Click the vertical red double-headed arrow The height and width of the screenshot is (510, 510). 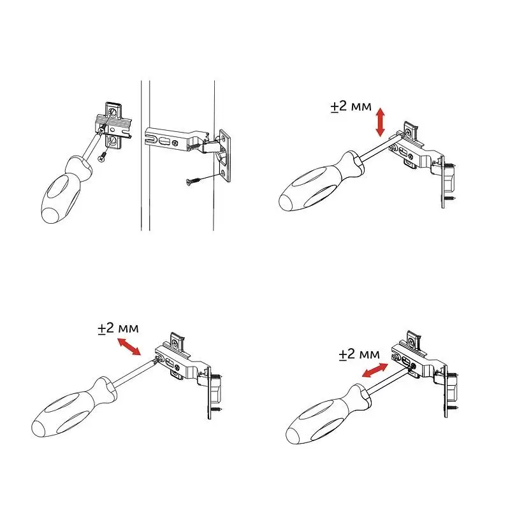click(x=380, y=122)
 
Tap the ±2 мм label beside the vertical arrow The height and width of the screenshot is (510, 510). click(x=351, y=106)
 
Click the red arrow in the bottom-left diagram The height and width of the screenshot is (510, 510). click(x=129, y=347)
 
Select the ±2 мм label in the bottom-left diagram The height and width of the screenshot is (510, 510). click(x=118, y=328)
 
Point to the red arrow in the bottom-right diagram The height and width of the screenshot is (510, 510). click(x=375, y=370)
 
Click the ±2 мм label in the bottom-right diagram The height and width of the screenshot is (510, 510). click(x=359, y=354)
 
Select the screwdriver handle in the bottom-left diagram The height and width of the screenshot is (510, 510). click(x=74, y=407)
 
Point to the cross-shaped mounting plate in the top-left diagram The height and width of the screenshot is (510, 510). click(x=113, y=126)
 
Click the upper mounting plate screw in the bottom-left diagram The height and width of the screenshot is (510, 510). click(x=177, y=342)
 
